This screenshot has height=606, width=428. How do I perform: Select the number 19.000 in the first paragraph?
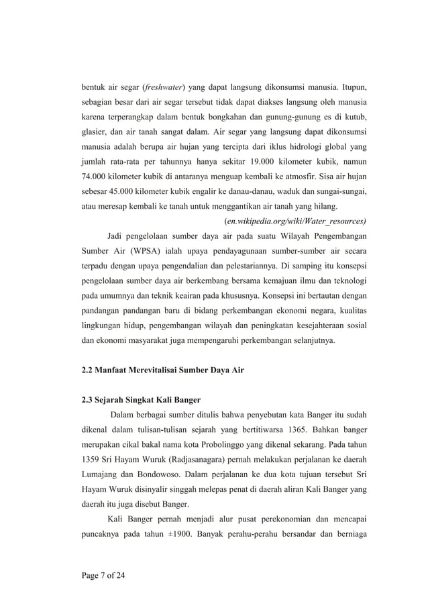click(244, 162)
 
